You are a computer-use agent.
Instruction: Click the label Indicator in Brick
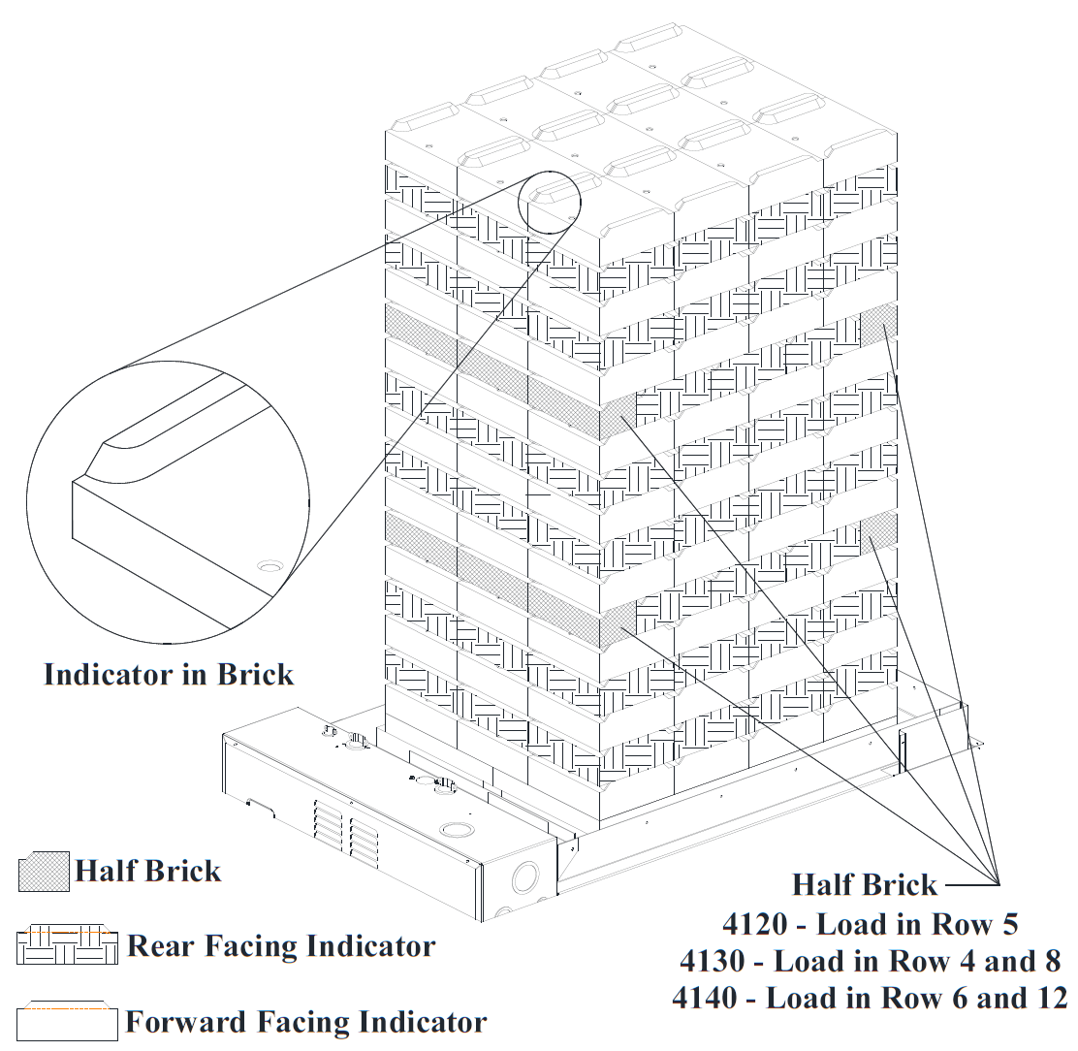169,674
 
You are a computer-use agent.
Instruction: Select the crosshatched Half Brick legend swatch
44,871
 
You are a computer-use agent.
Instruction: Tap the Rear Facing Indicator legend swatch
67,945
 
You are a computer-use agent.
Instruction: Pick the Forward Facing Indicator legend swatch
67,1020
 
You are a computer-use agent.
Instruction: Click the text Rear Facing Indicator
281,945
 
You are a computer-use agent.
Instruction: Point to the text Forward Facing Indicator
306,1021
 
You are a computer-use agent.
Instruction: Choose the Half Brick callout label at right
865,884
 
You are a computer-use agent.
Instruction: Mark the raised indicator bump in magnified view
145,436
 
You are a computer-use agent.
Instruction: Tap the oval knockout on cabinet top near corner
454,831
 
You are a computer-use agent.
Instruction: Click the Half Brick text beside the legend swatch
148,871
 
